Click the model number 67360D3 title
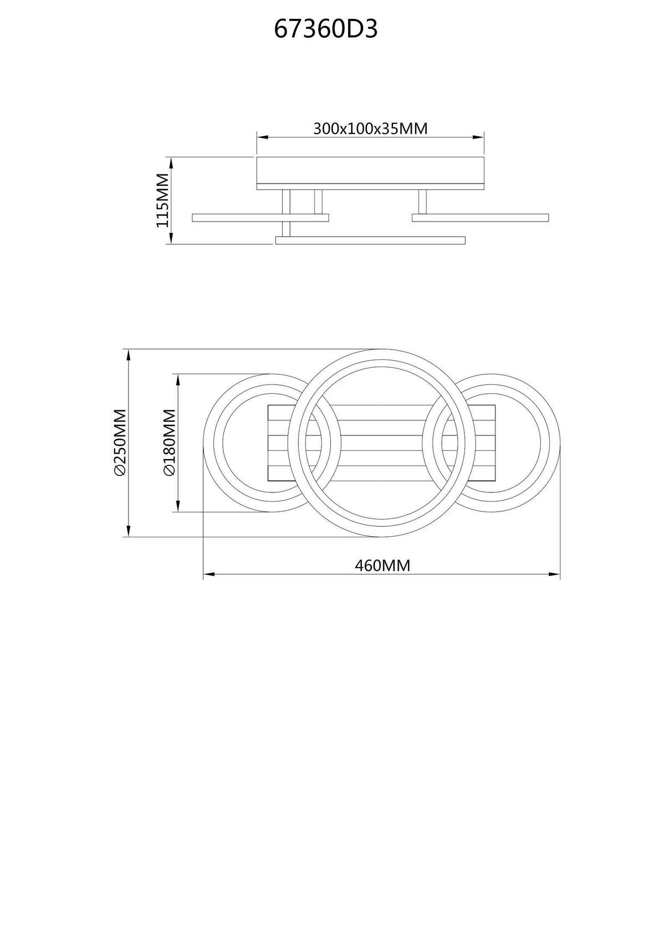326,29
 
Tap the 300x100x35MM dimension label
370,129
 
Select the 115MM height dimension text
162,200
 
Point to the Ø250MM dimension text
120,443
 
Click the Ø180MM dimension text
169,443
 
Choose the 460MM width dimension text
382,566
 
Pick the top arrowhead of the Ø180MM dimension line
178,378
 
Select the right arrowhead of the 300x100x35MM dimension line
480,137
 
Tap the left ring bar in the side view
260,218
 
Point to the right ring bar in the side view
480,218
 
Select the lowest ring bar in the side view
370,240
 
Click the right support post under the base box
422,202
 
